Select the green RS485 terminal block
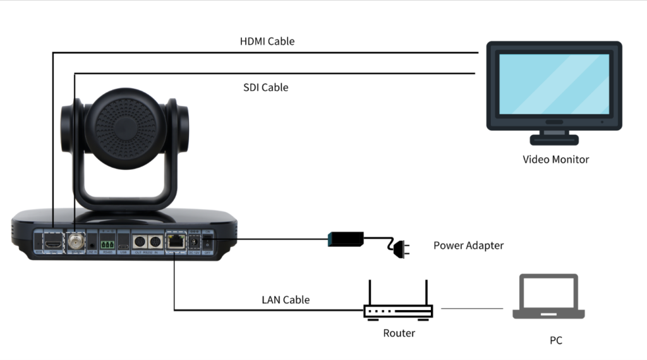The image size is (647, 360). point(107,243)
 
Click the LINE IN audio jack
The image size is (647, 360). point(92,243)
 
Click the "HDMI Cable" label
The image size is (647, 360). point(267,42)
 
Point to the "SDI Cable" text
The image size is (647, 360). point(265,88)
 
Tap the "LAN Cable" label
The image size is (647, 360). point(286,299)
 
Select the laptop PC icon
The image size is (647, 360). point(548,297)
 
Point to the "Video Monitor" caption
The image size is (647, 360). point(555,159)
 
